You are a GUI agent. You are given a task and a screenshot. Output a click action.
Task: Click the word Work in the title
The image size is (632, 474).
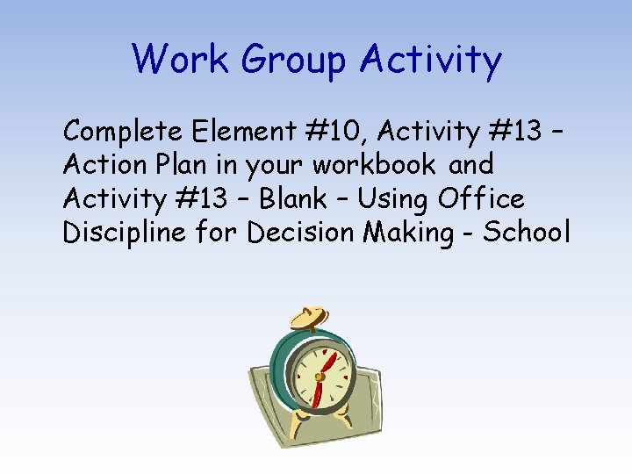(x=180, y=60)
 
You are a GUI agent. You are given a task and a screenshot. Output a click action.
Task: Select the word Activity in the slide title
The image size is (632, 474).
(x=431, y=60)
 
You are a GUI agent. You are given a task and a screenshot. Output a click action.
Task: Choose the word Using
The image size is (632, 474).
(x=395, y=198)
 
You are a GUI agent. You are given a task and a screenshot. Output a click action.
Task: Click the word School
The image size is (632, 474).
(x=528, y=233)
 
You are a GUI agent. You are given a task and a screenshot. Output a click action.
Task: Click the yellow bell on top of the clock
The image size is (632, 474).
(x=308, y=317)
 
